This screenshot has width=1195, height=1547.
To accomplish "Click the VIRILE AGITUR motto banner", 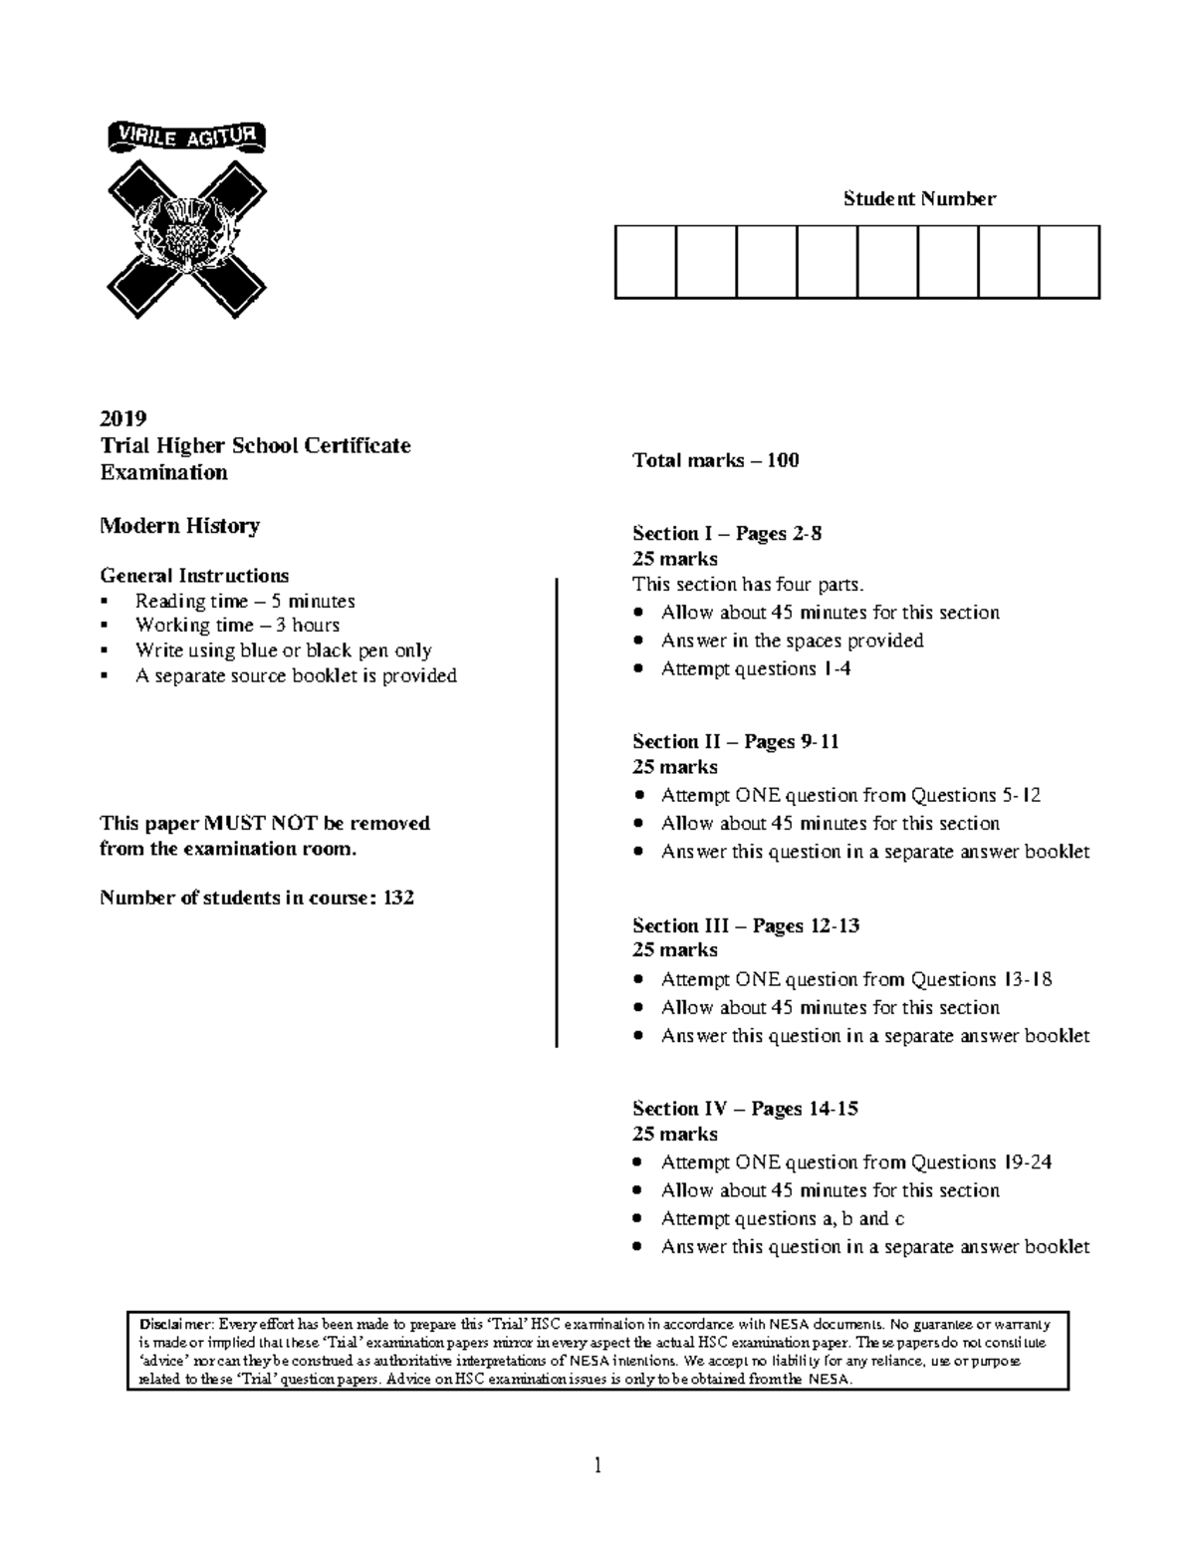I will click(x=186, y=137).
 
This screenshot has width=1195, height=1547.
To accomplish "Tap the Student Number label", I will click(x=919, y=198).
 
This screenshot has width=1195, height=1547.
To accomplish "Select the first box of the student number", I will click(x=645, y=262).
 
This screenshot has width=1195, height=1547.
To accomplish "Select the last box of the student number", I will click(x=1069, y=262).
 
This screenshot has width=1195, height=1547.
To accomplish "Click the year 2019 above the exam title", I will click(x=123, y=417).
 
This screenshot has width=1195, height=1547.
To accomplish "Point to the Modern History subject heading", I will click(x=179, y=526).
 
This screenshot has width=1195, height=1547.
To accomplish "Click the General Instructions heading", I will click(x=194, y=576).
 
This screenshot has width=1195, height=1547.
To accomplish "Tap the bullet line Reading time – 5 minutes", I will click(x=245, y=601).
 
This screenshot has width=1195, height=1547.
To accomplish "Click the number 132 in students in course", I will click(x=398, y=898).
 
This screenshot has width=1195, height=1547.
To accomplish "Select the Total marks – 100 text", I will click(x=715, y=460).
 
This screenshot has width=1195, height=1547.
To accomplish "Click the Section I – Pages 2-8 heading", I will click(x=727, y=533).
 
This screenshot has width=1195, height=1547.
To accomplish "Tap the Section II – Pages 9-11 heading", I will click(x=735, y=741).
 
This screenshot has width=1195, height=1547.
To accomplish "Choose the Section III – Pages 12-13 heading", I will click(x=745, y=925).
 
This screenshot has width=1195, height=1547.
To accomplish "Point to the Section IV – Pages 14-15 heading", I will click(x=745, y=1109).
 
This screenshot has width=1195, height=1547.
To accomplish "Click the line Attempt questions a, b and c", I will click(x=782, y=1218).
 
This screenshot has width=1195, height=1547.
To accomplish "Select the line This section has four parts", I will click(x=741, y=584).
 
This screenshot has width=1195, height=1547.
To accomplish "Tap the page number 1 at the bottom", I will click(x=597, y=1464).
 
